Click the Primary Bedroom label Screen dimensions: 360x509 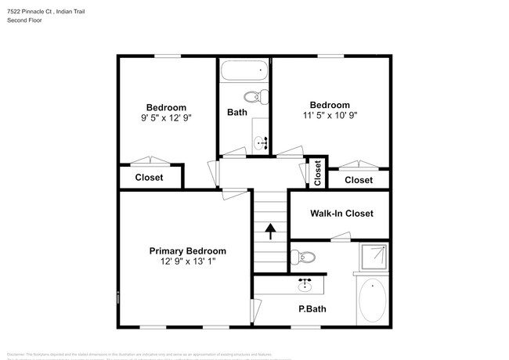188,251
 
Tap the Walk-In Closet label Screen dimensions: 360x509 341,213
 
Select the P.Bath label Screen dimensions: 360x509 312,308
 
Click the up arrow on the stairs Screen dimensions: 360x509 270,231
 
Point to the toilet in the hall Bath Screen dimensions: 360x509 255,97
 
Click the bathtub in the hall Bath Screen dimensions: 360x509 244,71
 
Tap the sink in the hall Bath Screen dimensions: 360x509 261,142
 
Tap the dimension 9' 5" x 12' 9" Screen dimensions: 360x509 166,117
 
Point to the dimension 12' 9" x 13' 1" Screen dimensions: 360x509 188,262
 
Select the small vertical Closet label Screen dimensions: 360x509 317,172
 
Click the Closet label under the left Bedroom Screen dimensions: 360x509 149,178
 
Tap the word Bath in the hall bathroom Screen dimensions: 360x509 237,113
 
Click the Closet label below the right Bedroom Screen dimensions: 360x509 359,180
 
